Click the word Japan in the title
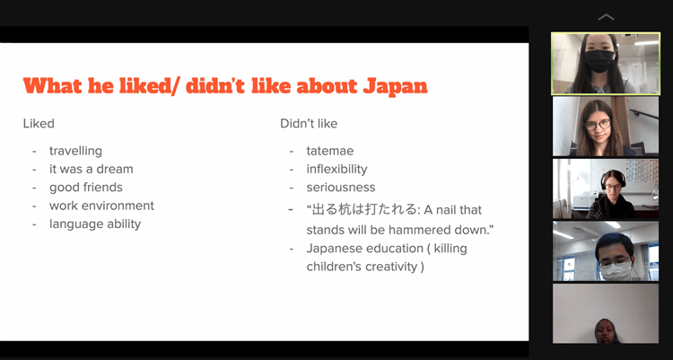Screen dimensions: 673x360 [x=395, y=87]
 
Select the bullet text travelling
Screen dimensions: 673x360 [x=75, y=151]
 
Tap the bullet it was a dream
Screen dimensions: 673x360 [x=91, y=169]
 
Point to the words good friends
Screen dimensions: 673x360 [x=86, y=188]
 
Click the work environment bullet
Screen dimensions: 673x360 [x=101, y=206]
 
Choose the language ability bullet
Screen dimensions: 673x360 [x=95, y=224]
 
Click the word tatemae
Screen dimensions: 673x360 [x=330, y=151]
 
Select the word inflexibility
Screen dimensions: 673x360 [x=336, y=170]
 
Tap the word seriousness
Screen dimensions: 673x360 [x=341, y=188]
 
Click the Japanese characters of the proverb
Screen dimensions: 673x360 [x=364, y=210]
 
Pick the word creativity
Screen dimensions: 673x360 [x=391, y=267]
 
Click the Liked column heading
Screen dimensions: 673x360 [x=39, y=124]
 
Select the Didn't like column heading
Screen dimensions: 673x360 [x=309, y=124]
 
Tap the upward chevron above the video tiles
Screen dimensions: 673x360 [x=606, y=17]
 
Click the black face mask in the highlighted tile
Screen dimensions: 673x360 [x=599, y=61]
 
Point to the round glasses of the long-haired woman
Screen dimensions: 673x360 [x=598, y=125]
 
